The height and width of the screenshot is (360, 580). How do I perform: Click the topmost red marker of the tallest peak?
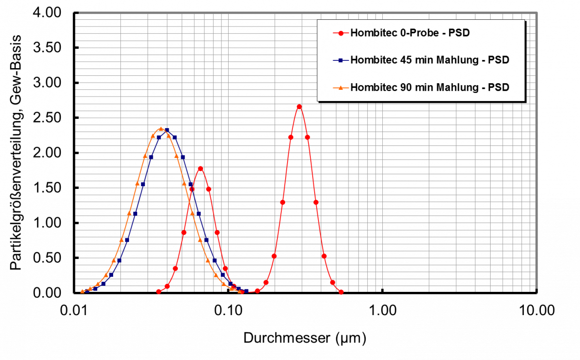pyautogui.click(x=299, y=106)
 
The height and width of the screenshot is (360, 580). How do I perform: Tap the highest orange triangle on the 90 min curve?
pyautogui.click(x=161, y=129)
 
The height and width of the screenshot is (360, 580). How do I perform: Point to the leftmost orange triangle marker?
pyautogui.click(x=82, y=291)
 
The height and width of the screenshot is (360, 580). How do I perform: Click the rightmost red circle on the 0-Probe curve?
pyautogui.click(x=341, y=292)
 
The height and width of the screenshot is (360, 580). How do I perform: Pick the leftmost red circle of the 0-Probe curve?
pyautogui.click(x=159, y=291)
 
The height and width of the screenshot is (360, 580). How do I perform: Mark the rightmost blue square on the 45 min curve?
pyautogui.click(x=246, y=291)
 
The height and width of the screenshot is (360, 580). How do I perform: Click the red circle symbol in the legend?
pyautogui.click(x=341, y=33)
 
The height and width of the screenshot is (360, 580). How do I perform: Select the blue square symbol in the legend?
pyautogui.click(x=341, y=60)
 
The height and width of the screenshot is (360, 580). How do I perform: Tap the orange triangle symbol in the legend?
pyautogui.click(x=341, y=88)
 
